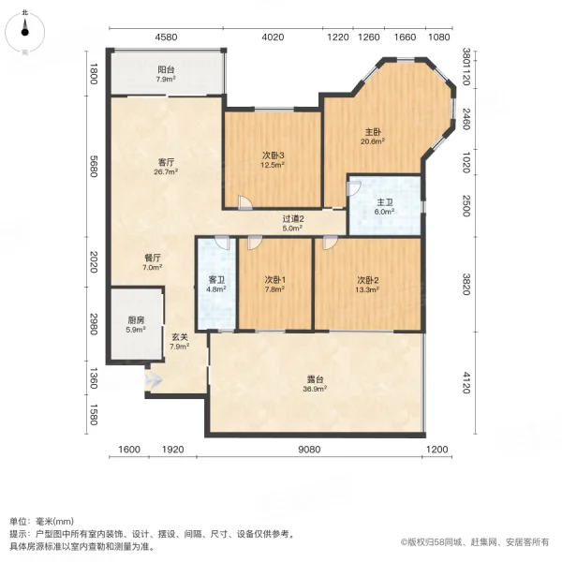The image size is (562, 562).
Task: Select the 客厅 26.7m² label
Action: [166, 167]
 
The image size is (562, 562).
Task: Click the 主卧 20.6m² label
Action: [373, 136]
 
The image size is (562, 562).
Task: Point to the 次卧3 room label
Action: [273, 160]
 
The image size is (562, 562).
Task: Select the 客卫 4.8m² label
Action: [216, 284]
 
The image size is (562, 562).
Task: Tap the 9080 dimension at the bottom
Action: [310, 450]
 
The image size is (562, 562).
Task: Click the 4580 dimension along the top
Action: [166, 37]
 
